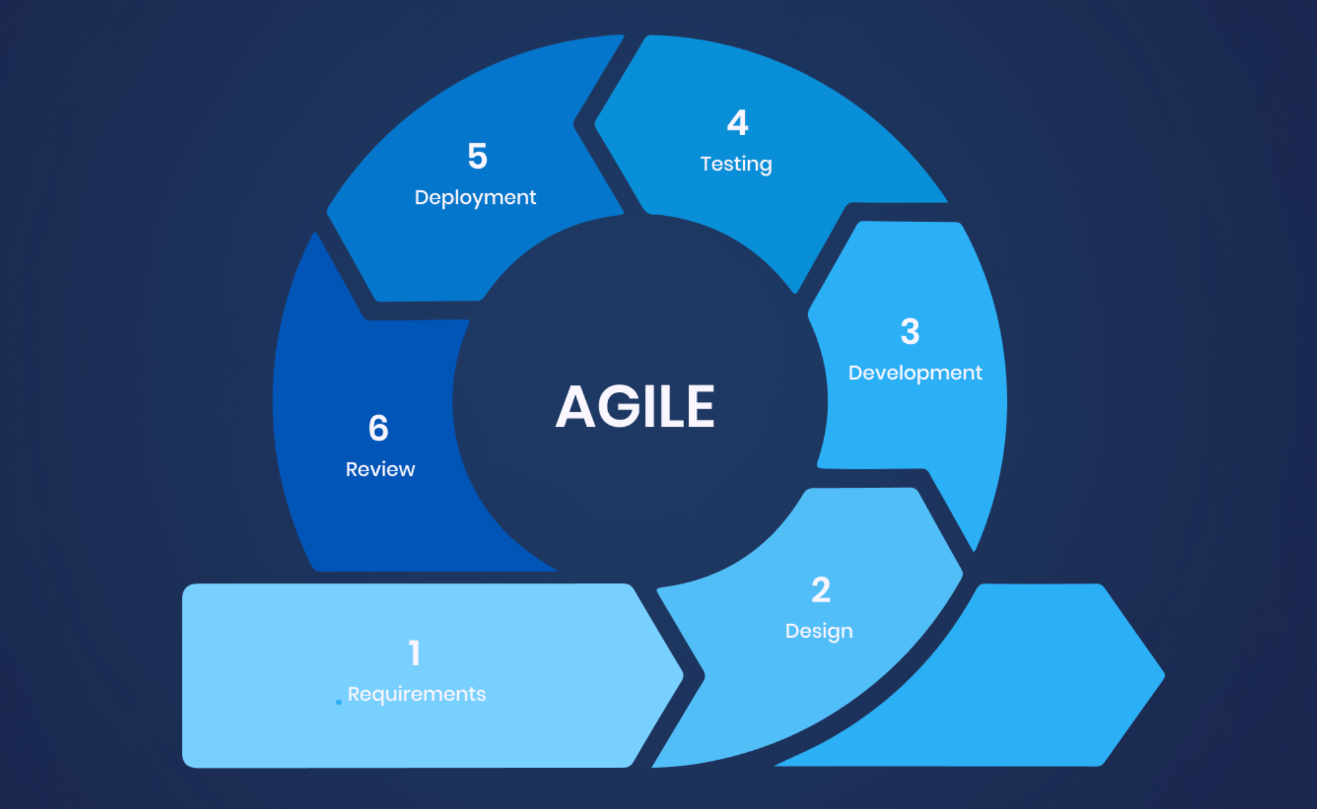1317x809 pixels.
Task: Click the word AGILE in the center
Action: click(635, 406)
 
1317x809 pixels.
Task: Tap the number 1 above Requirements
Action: click(415, 653)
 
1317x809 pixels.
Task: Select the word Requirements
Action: click(417, 694)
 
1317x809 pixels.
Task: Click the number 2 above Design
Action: click(821, 590)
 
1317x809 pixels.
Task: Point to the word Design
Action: click(819, 631)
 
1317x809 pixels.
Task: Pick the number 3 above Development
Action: click(910, 331)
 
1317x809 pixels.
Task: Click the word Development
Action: click(915, 372)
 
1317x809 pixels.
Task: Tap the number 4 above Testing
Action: click(738, 123)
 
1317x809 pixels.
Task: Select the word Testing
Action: click(736, 164)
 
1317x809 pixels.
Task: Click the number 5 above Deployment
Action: click(477, 157)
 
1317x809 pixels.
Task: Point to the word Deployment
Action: click(475, 197)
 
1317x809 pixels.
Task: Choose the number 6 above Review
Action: click(379, 429)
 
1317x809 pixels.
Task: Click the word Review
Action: click(380, 469)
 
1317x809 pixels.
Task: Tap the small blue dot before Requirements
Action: click(338, 702)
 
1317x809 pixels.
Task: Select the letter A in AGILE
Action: click(575, 406)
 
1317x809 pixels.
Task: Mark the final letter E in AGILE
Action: click(701, 406)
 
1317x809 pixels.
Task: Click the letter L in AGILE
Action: click(672, 406)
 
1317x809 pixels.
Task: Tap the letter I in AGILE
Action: click(649, 406)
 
